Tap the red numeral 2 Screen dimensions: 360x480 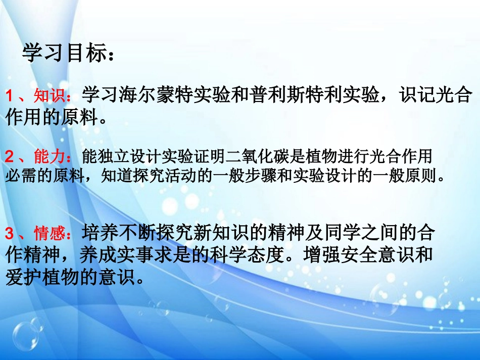[x=9, y=156]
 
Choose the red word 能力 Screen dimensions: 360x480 [x=49, y=156]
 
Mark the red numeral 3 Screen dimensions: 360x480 [x=9, y=233]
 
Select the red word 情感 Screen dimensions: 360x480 [x=49, y=233]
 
